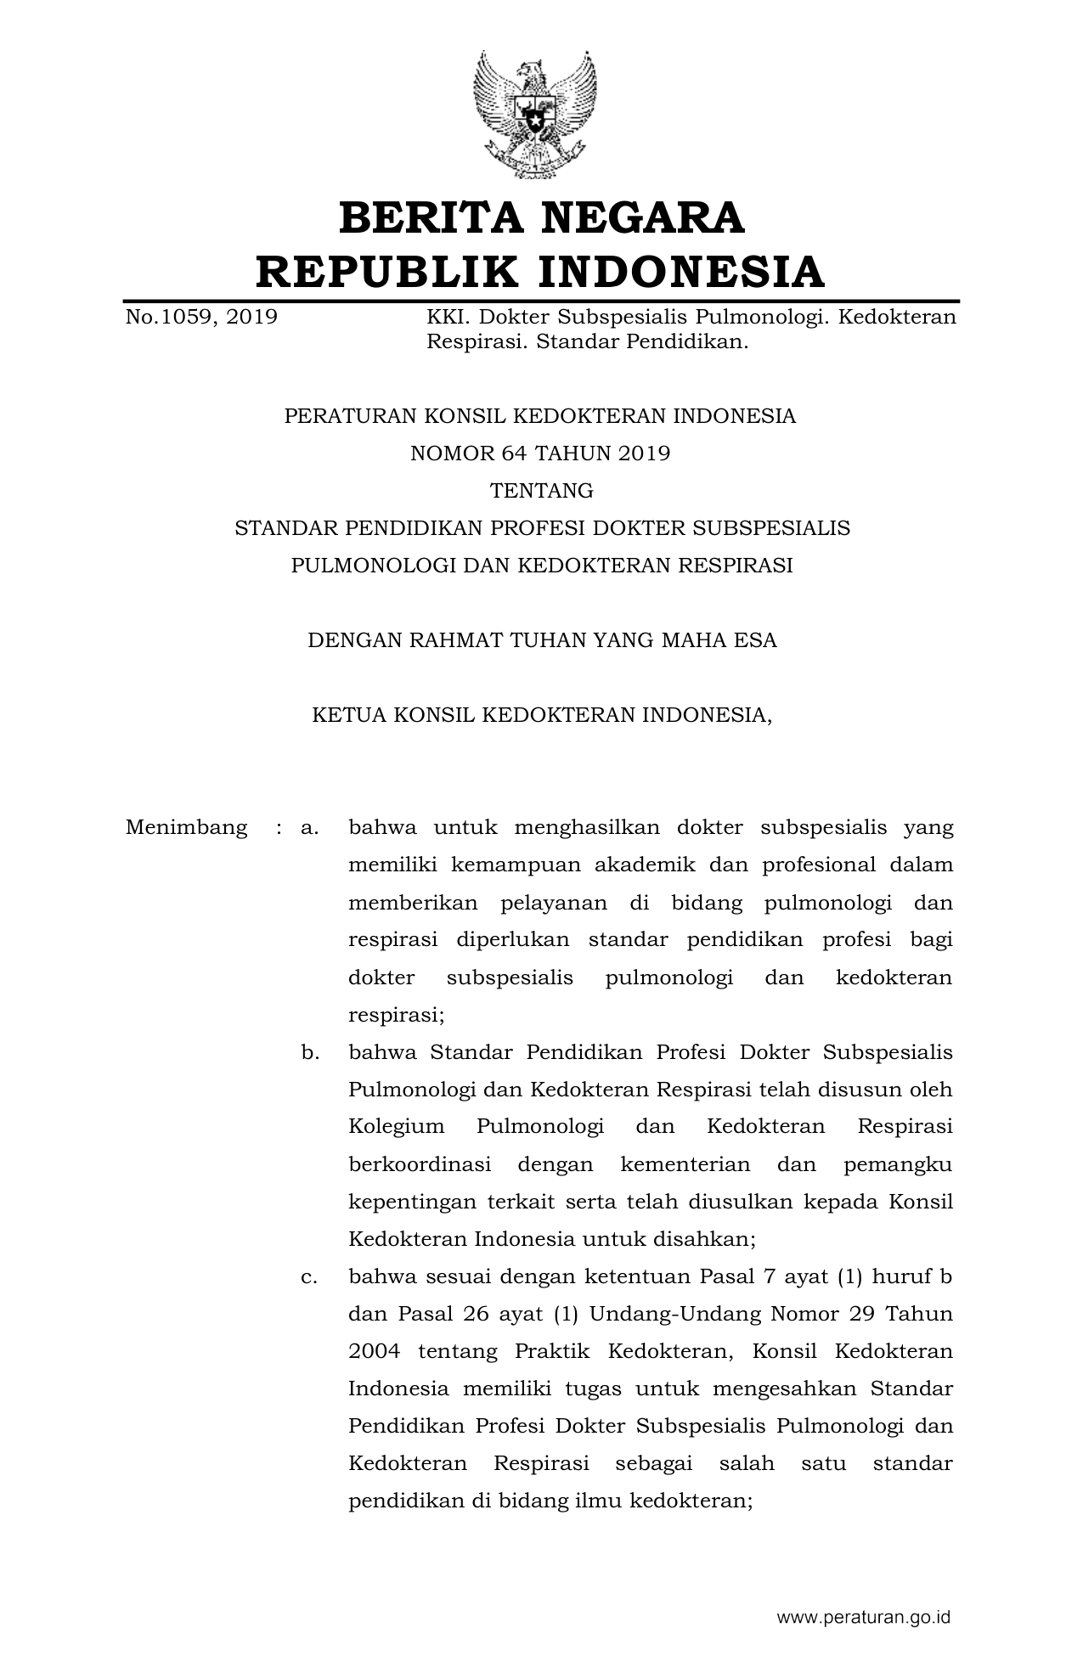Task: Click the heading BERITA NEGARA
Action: pos(541,217)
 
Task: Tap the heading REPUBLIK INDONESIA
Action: pos(540,272)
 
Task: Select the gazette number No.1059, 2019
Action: pos(201,318)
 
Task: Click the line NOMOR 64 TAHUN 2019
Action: pos(540,453)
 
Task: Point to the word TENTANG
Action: pos(541,491)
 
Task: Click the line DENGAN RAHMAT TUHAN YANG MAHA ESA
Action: pos(542,640)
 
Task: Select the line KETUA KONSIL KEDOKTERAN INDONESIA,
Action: pos(542,715)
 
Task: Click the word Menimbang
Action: pos(187,828)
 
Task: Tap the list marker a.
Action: pos(309,828)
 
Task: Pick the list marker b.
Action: pos(309,1053)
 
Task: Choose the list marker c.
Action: pos(309,1277)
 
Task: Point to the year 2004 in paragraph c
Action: pos(374,1352)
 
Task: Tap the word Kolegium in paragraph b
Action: pos(396,1128)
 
